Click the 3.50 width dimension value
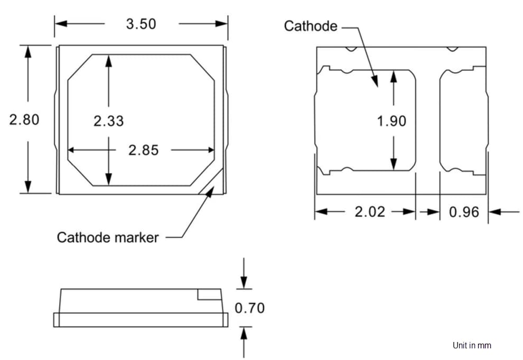tap(141, 24)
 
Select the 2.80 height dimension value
tap(24, 119)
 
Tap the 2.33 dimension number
tap(108, 121)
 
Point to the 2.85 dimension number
tap(143, 150)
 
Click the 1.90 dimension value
tap(391, 121)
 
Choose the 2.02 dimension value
tap(369, 212)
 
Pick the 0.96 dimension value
tap(464, 212)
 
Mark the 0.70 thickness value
tap(249, 308)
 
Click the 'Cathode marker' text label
tap(107, 237)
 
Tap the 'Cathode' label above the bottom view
tap(310, 26)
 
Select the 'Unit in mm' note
tap(471, 345)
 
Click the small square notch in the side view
tap(209, 294)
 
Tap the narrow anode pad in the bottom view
tap(463, 121)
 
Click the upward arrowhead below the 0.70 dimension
tap(244, 332)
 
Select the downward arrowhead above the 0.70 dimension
tap(244, 283)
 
